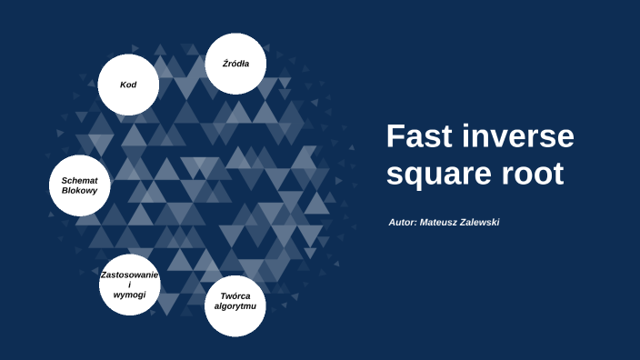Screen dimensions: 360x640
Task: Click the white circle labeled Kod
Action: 129,85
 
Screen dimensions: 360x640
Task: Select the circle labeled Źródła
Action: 236,64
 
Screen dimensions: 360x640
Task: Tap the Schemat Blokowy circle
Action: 79,186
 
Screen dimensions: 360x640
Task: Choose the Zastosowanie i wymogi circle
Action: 130,285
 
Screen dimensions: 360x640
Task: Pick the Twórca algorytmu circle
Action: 235,301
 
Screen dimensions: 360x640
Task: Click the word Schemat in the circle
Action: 79,180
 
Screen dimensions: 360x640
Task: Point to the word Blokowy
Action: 79,191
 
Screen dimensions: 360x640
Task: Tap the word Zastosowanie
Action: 130,275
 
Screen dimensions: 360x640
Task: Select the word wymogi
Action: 130,295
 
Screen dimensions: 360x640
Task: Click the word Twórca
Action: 235,295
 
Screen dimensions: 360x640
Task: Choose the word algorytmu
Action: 235,306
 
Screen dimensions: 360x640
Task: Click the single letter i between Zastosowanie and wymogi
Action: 130,285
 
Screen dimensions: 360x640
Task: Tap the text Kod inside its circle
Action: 129,85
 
